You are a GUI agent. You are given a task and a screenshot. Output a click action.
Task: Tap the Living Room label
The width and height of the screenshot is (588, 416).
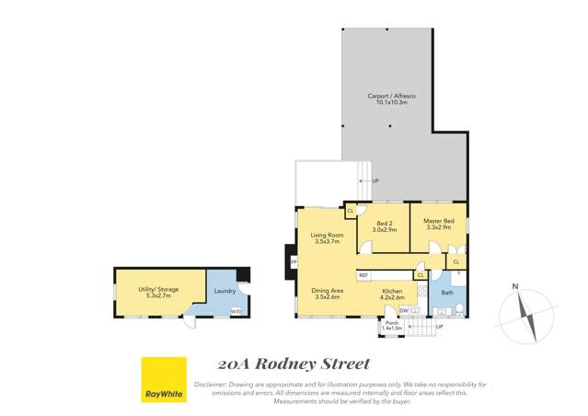click(327, 238)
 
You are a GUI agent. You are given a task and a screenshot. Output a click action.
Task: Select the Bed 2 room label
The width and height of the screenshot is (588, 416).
click(386, 226)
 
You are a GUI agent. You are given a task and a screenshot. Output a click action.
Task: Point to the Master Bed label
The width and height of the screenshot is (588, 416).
click(437, 226)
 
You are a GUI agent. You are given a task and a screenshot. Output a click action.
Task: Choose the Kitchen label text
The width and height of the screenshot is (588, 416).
click(393, 295)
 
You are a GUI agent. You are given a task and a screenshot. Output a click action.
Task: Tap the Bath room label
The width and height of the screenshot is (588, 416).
click(447, 294)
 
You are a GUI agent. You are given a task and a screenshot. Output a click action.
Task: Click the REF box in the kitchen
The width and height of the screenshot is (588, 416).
click(363, 275)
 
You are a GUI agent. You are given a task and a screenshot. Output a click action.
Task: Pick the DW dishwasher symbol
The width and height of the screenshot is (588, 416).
click(405, 312)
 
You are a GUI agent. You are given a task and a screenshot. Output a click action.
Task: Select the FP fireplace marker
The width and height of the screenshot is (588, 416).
click(294, 262)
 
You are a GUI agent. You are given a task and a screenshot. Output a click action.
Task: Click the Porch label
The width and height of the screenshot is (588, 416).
click(392, 326)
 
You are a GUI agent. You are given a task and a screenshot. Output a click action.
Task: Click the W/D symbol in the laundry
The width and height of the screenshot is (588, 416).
click(236, 310)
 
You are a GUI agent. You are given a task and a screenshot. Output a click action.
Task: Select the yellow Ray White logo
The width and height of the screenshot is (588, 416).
click(164, 380)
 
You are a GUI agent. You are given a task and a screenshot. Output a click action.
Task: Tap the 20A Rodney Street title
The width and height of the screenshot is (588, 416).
click(294, 364)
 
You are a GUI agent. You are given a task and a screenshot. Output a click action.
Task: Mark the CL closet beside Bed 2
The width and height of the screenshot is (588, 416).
click(351, 211)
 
